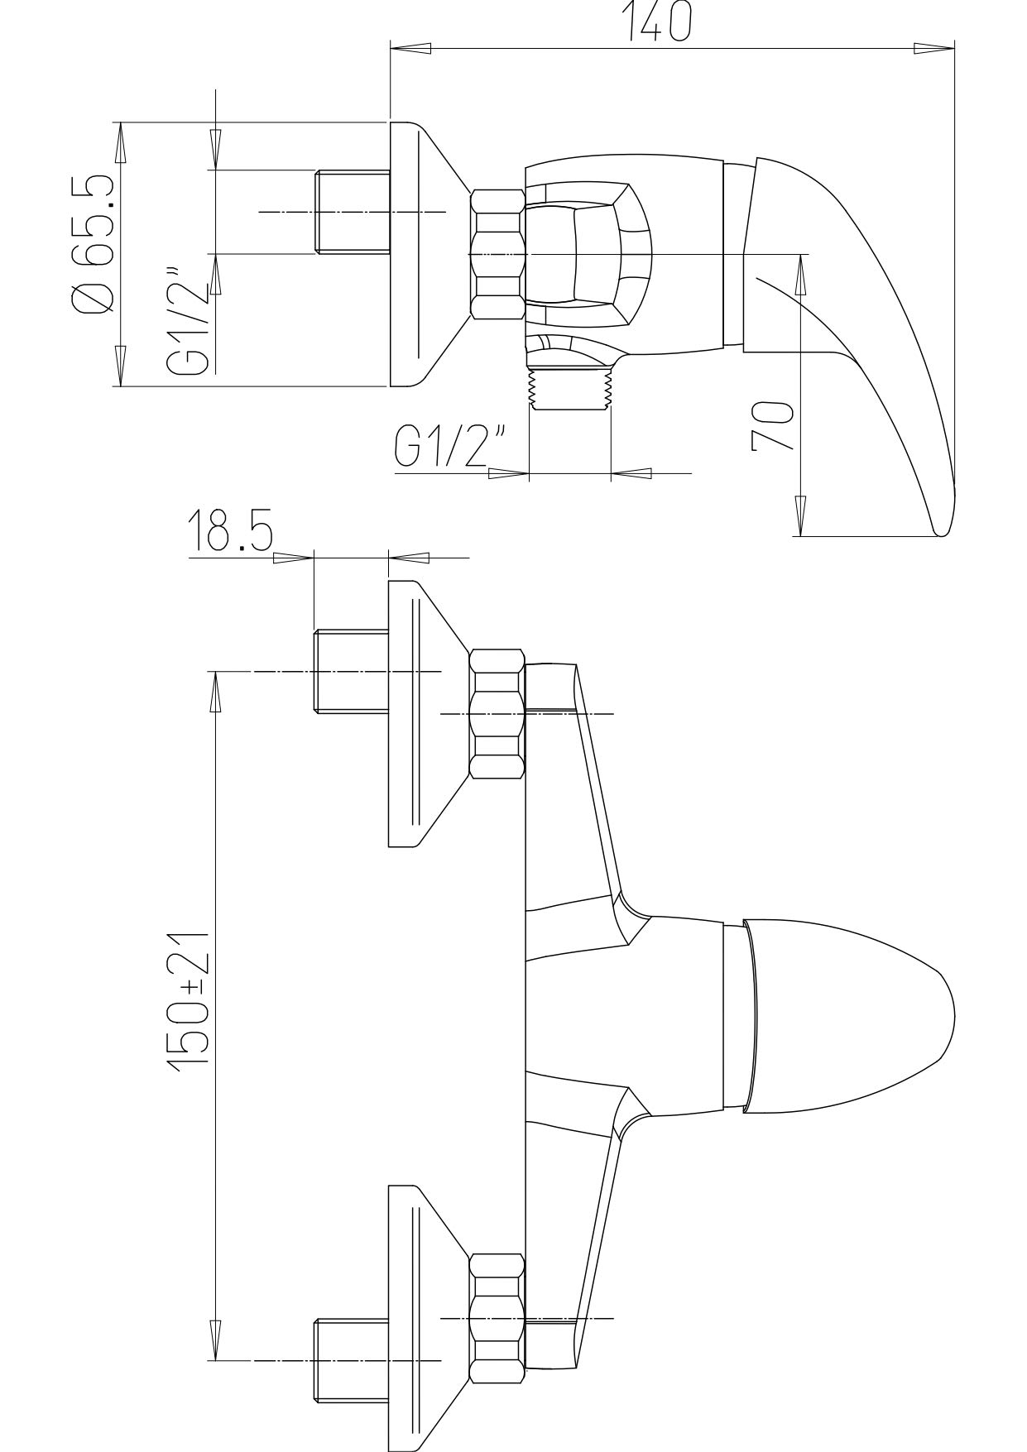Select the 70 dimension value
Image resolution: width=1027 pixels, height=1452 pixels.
[772, 426]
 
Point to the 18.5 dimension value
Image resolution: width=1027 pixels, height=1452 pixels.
[229, 530]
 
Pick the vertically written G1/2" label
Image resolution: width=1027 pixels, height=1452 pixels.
[187, 321]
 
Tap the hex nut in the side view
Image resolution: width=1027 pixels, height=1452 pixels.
[497, 254]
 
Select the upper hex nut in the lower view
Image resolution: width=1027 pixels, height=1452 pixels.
[497, 714]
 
